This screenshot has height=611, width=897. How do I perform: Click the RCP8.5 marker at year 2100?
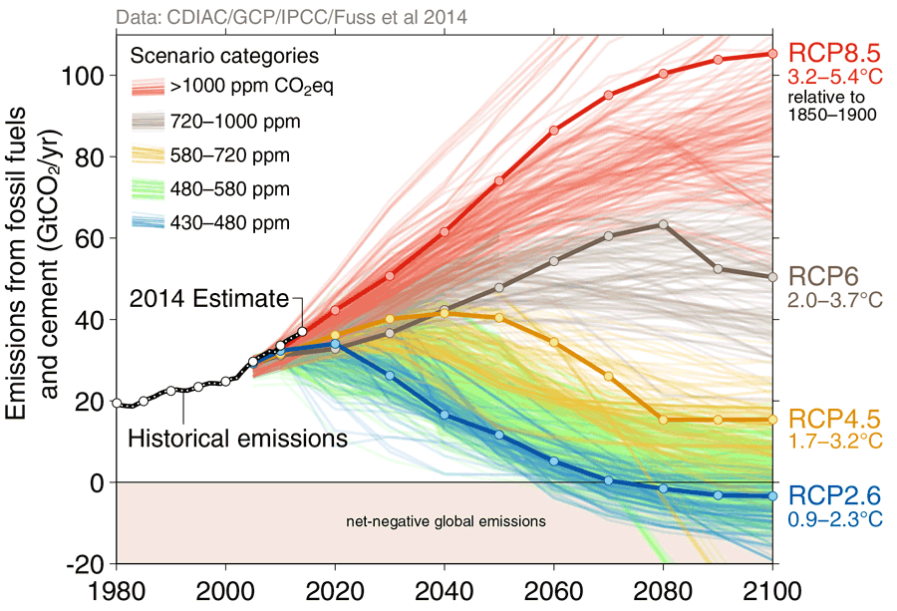coord(772,54)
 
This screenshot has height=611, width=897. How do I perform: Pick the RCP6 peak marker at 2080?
coord(663,224)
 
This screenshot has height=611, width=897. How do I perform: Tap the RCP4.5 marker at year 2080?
coord(663,420)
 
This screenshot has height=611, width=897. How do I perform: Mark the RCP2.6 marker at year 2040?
coord(444,415)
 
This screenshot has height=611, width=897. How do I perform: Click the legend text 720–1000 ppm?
coord(235,122)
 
